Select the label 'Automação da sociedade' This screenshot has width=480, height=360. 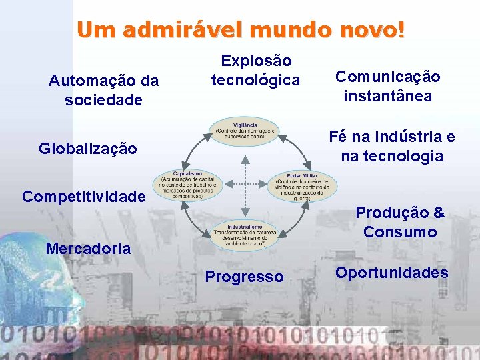pyautogui.click(x=103, y=91)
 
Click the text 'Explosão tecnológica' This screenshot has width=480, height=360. pyautogui.click(x=256, y=71)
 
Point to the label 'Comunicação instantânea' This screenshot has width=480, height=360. pyautogui.click(x=387, y=87)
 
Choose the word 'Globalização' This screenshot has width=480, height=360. pyautogui.click(x=88, y=148)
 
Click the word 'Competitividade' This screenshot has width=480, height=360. pyautogui.click(x=83, y=197)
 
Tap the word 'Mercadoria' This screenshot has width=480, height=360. pyautogui.click(x=88, y=249)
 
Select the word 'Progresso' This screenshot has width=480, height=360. pyautogui.click(x=244, y=277)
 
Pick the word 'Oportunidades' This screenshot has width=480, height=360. pyautogui.click(x=391, y=273)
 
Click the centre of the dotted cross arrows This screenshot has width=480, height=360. pyautogui.click(x=245, y=181)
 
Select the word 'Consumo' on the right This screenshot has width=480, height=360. pyautogui.click(x=400, y=232)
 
